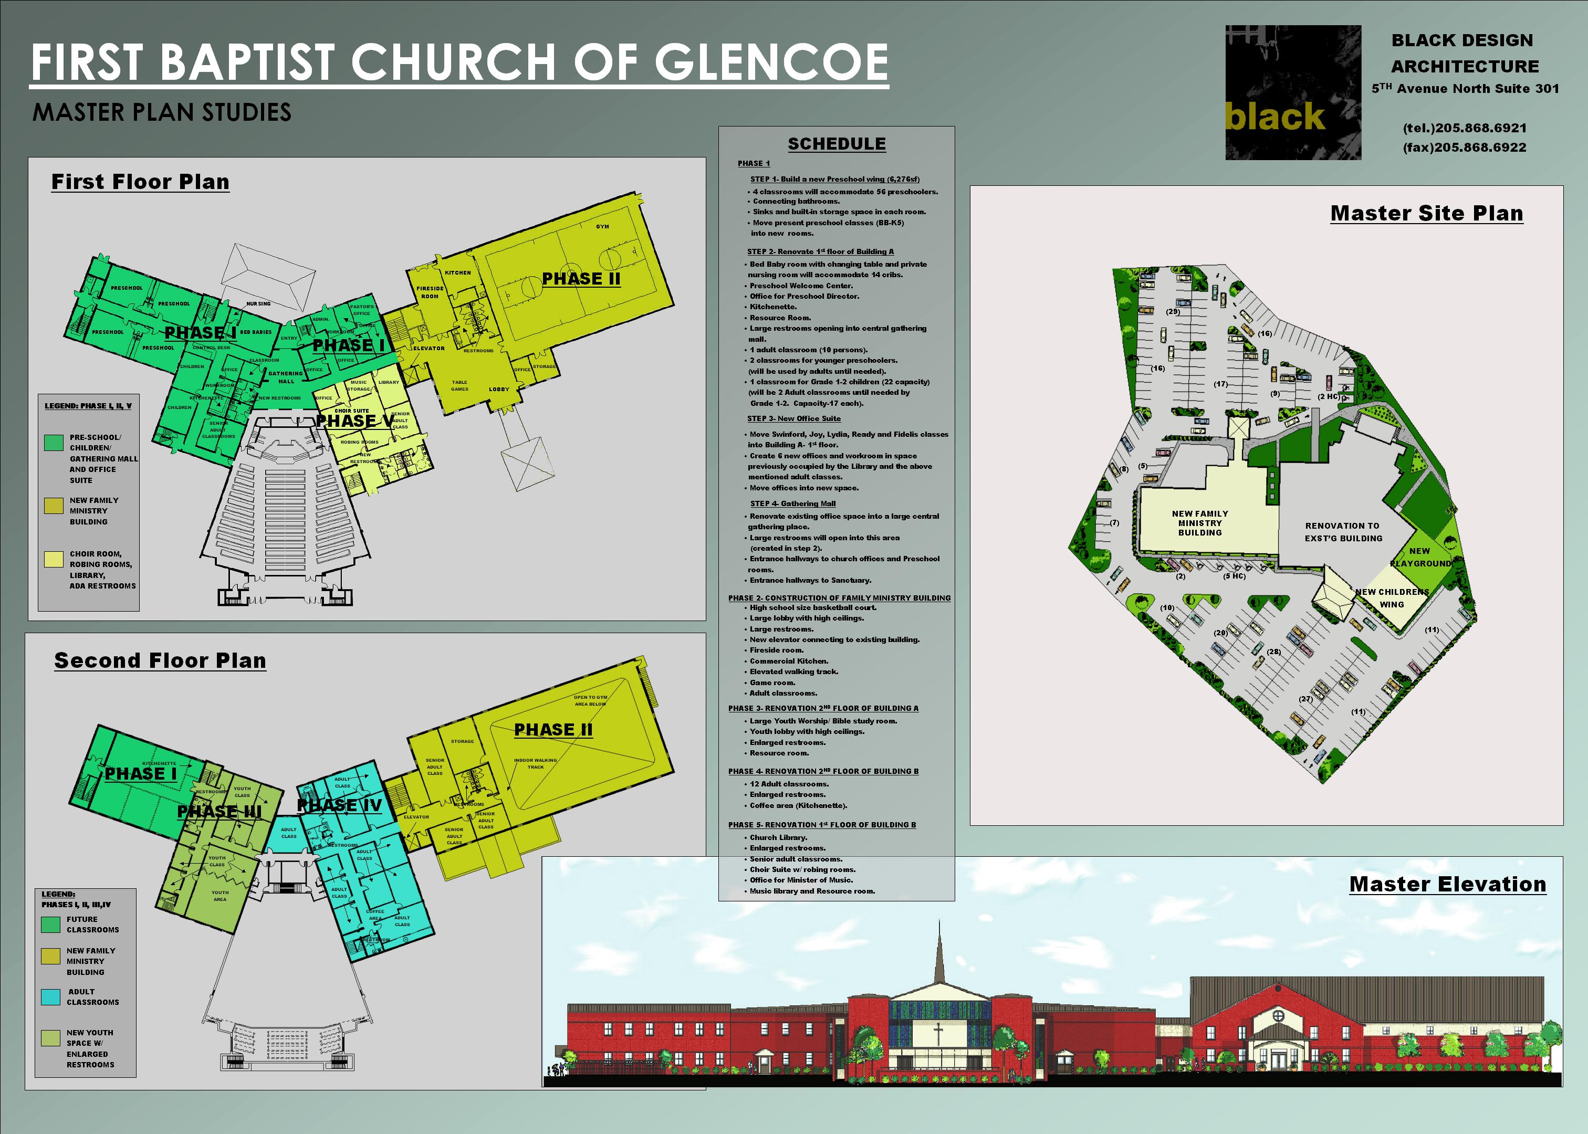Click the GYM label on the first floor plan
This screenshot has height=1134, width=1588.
coord(602,226)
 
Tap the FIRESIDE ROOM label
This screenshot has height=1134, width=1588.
coord(430,292)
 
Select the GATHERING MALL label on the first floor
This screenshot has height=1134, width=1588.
coord(286,377)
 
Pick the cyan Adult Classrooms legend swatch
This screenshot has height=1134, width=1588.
coord(50,996)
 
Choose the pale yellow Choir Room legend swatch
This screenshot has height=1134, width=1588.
coord(54,559)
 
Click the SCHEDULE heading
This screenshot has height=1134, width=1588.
coord(837,144)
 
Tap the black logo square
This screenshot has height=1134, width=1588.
coord(1292,92)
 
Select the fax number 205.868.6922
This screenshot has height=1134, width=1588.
coord(1465,148)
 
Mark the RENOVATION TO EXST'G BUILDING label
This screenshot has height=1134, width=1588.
coord(1343,532)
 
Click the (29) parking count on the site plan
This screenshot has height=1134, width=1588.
coord(1173,311)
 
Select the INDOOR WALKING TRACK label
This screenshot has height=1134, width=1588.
coord(536,763)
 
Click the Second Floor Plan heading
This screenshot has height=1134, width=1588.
coord(160,660)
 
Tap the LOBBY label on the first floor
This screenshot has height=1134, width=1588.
coord(498,389)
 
